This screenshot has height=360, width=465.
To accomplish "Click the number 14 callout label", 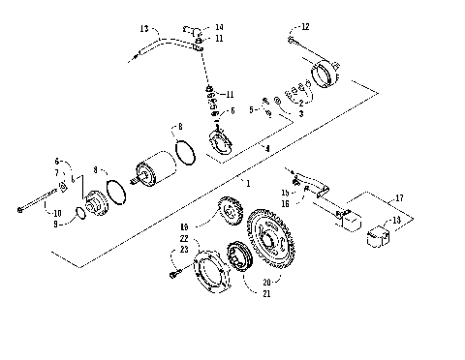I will pos(219,27).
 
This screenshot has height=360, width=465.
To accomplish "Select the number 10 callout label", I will pos(55,213).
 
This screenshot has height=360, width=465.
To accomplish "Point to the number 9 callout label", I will pos(55,225).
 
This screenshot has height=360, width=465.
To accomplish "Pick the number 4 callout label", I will pos(267,148).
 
